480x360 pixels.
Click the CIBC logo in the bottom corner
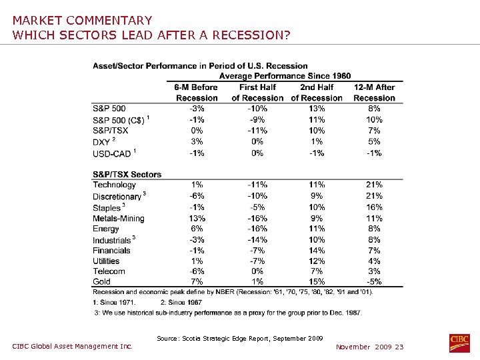(459, 343)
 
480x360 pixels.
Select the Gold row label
(102, 282)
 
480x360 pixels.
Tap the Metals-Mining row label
(119, 219)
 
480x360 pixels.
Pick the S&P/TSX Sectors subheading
(127, 175)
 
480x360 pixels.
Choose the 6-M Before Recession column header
(196, 93)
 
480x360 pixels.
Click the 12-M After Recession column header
(374, 93)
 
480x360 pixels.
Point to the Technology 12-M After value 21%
(374, 185)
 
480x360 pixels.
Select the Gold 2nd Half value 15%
(317, 282)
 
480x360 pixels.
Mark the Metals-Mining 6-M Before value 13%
(197, 219)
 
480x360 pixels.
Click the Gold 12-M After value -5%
(374, 282)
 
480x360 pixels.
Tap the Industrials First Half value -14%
(257, 240)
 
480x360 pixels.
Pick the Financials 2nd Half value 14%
(317, 251)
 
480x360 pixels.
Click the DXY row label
(101, 142)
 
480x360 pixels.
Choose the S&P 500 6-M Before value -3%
(197, 109)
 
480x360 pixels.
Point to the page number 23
(399, 347)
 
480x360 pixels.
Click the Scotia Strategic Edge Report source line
(240, 339)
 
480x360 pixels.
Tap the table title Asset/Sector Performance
(200, 66)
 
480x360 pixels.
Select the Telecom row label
(109, 271)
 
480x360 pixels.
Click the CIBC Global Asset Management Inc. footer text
(73, 346)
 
